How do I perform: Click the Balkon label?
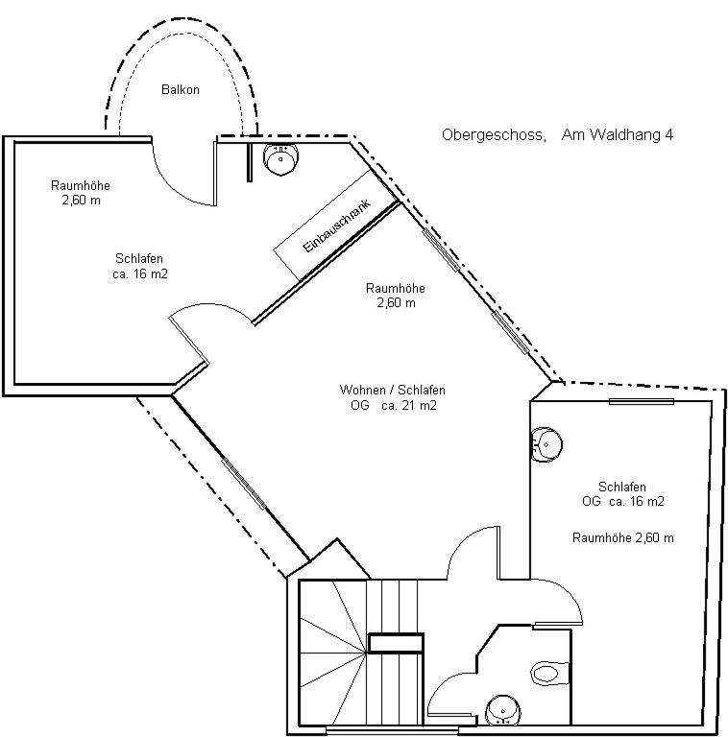pos(181,89)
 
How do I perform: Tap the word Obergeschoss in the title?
pos(494,135)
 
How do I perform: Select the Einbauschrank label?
pos(337,226)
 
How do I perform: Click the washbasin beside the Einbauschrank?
pos(280,158)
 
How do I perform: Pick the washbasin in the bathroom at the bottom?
pos(503,709)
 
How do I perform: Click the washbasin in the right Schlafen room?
pos(546,444)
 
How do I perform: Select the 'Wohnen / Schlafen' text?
pos(392,390)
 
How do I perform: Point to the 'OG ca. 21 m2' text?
pos(394,405)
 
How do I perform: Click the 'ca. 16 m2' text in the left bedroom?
pos(140,273)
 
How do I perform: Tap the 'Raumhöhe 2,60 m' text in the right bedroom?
pos(622,537)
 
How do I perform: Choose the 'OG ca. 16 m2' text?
pos(622,501)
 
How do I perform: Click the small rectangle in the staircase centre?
pos(396,643)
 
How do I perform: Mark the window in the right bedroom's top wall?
pos(642,401)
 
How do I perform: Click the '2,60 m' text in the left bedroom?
pos(82,201)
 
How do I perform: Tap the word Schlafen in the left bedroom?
pos(139,258)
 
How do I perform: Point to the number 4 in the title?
pos(668,135)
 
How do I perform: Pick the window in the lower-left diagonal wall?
pos(244,484)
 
